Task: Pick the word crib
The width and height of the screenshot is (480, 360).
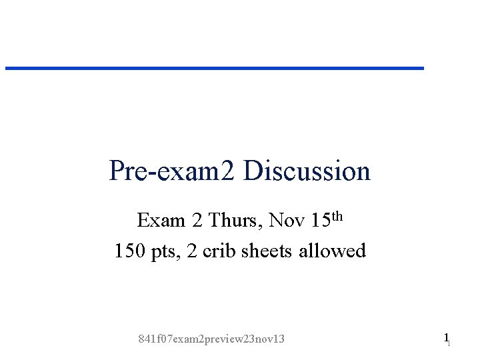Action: pyautogui.click(x=220, y=251)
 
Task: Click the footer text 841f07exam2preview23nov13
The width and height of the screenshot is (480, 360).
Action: pyautogui.click(x=211, y=339)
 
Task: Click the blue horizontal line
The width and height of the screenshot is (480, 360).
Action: pyautogui.click(x=215, y=68)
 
